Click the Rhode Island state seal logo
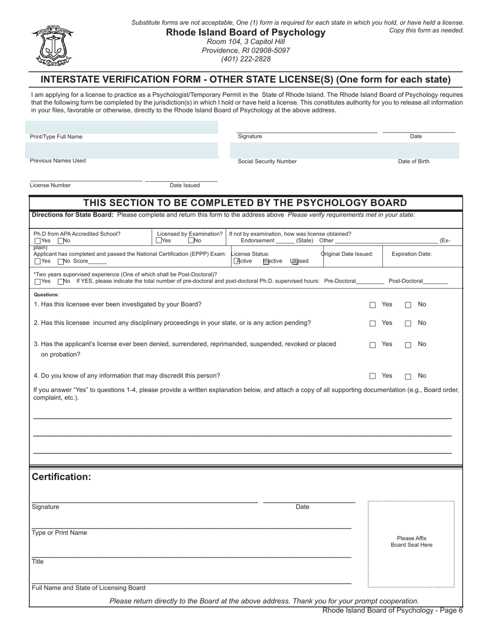tap(52, 46)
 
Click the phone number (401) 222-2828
tap(245, 59)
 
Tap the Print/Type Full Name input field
tap(121, 127)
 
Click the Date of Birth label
tap(413, 162)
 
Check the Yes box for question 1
tap(372, 305)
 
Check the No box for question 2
tap(408, 324)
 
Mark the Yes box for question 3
tap(372, 345)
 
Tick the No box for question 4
tap(408, 377)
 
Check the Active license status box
tap(237, 261)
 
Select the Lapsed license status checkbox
tap(295, 261)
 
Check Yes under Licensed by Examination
tap(158, 241)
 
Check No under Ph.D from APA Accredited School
tap(61, 241)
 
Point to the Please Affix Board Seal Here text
tap(411, 542)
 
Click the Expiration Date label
tap(411, 254)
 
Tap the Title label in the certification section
tap(38, 562)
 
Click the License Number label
tap(50, 185)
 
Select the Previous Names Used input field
tap(121, 150)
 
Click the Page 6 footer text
tap(393, 611)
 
